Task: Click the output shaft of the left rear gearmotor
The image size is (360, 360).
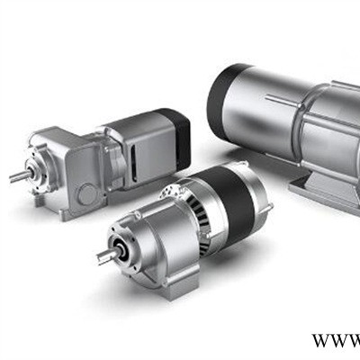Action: [21, 175]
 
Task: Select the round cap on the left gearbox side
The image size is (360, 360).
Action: [87, 194]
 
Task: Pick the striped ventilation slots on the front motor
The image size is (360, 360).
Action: [202, 222]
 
